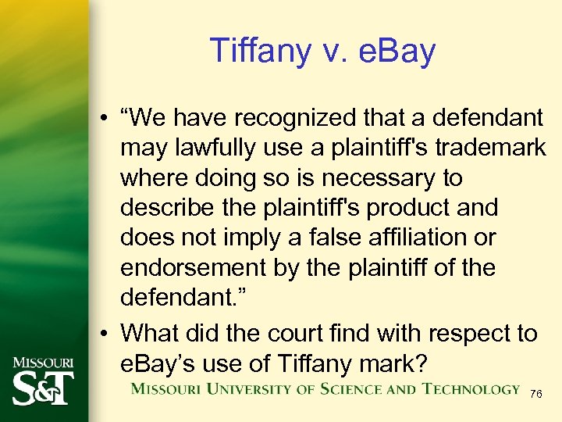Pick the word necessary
[386, 178]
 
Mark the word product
[404, 208]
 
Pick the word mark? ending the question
[386, 363]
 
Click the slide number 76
[535, 394]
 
